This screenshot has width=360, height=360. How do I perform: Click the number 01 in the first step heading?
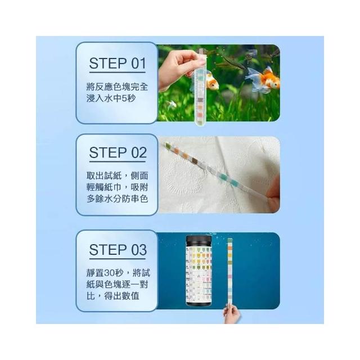coord(138,64)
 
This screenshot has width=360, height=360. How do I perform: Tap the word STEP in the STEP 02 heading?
coord(108,152)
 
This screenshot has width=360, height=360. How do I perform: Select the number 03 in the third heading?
coord(139,250)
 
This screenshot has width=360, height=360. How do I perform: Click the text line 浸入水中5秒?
coord(111,98)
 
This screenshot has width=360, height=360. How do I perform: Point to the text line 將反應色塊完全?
coord(118,87)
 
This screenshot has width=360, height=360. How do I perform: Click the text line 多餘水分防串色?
coord(118,199)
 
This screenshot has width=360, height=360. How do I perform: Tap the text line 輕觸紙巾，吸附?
coord(118,187)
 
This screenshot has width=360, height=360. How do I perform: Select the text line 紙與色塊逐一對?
coord(118,285)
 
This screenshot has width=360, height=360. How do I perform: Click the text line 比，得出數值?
coord(113,296)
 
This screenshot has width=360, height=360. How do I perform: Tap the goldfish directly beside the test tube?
coord(212,81)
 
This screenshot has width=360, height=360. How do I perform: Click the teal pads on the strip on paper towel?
coord(228,179)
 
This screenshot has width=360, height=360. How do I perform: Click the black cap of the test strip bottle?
coord(199,241)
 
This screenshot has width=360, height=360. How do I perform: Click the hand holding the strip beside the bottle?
coord(231,314)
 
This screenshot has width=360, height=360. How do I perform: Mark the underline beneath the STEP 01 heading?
coord(118,73)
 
